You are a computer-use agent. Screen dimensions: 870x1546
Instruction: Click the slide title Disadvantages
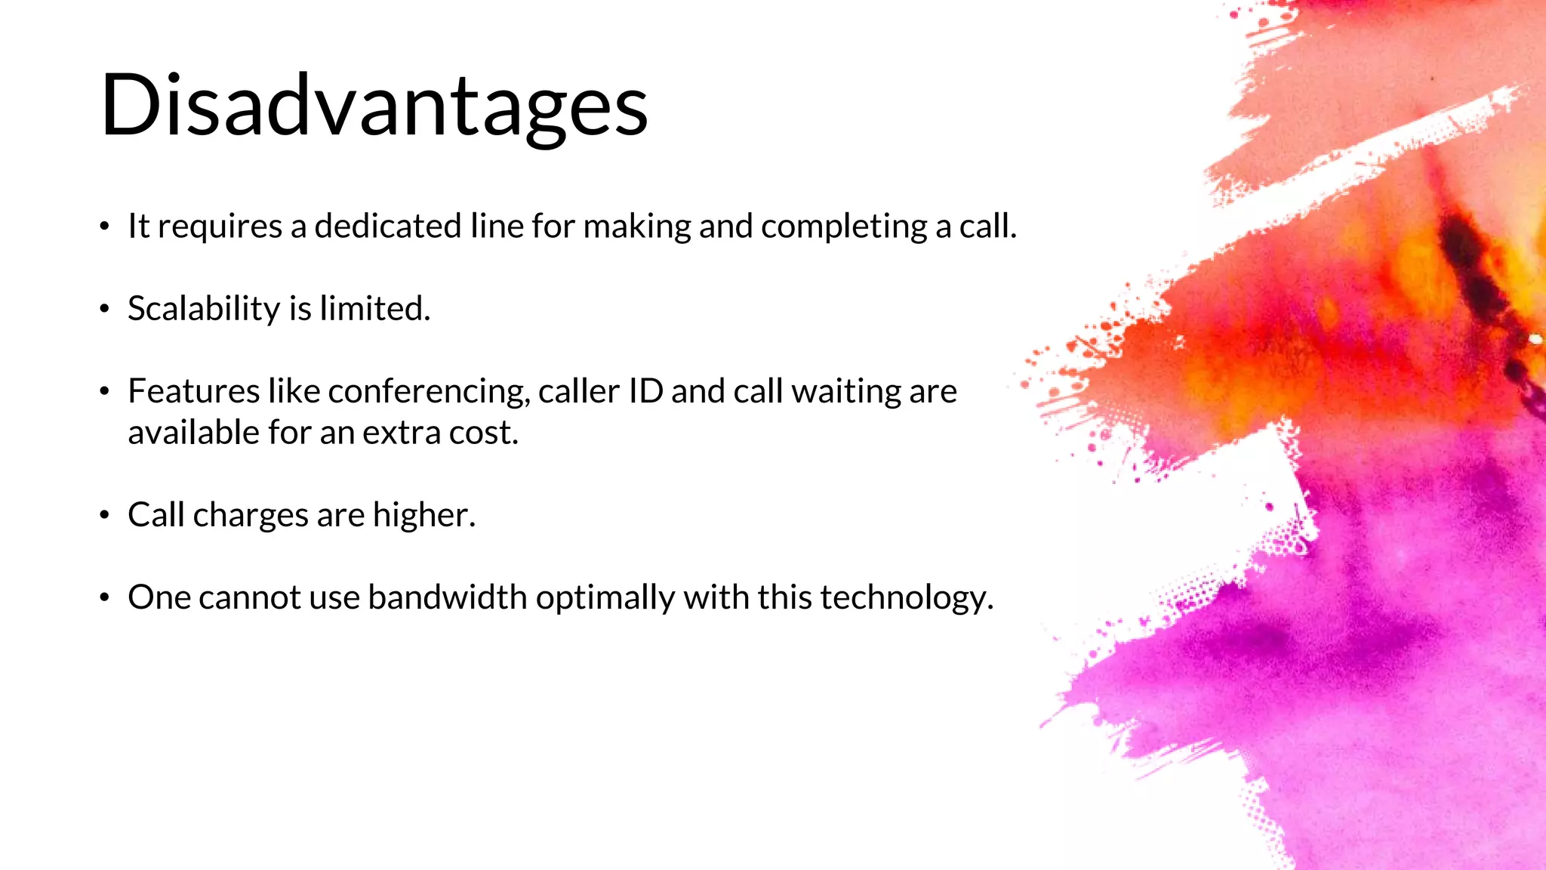click(374, 106)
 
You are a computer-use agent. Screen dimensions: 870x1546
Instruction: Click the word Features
click(194, 391)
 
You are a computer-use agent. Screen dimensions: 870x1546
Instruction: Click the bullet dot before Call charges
click(105, 516)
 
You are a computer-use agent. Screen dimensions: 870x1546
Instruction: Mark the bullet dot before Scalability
click(105, 309)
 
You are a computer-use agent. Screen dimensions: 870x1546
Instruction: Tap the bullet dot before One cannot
click(105, 598)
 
